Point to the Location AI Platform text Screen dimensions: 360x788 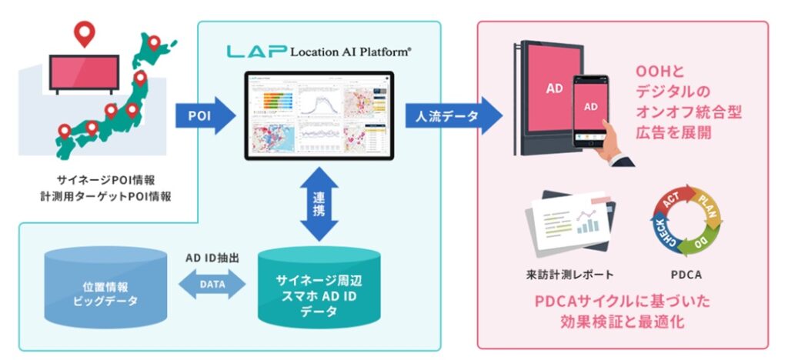click(x=351, y=52)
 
